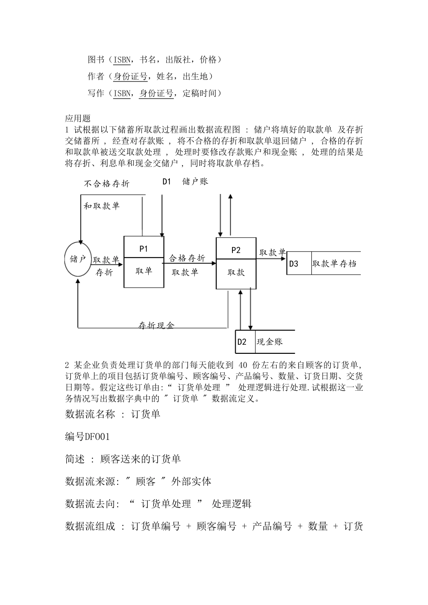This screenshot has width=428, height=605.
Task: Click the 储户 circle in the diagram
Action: click(x=78, y=259)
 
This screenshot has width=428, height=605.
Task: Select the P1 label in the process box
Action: click(x=144, y=248)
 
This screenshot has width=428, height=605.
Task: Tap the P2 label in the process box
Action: click(x=236, y=250)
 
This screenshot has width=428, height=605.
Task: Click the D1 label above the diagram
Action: click(x=167, y=181)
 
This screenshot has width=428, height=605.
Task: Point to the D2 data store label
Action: click(x=242, y=342)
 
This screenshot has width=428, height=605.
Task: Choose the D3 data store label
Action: click(x=294, y=264)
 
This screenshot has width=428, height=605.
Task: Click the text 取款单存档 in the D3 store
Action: click(x=334, y=264)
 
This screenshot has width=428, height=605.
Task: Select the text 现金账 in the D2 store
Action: click(x=269, y=342)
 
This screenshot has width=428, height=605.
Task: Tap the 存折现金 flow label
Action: click(x=156, y=325)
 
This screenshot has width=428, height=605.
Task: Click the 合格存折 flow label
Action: click(x=187, y=258)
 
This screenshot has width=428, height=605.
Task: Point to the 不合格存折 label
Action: click(x=107, y=184)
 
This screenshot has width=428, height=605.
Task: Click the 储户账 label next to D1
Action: click(x=195, y=181)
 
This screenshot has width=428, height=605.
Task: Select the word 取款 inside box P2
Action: click(x=236, y=272)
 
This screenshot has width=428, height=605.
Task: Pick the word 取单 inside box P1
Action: click(x=144, y=271)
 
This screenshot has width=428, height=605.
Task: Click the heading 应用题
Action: click(x=78, y=119)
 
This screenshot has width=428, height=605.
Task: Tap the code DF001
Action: click(x=97, y=437)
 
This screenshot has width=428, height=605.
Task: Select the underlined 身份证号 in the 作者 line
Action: click(x=131, y=77)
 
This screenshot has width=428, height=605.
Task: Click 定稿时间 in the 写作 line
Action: click(x=202, y=93)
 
